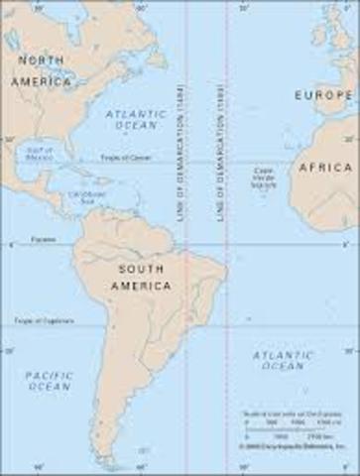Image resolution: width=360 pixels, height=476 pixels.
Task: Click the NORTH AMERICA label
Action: tap(41, 70)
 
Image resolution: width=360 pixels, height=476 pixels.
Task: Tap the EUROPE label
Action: tap(323, 95)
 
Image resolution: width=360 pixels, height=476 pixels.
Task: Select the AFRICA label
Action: tap(324, 168)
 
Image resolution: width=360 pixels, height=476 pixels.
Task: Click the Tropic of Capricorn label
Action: tap(37, 320)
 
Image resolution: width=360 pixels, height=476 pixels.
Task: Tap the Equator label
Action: tap(42, 239)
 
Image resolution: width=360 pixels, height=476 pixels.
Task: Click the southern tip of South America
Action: tap(119, 462)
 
